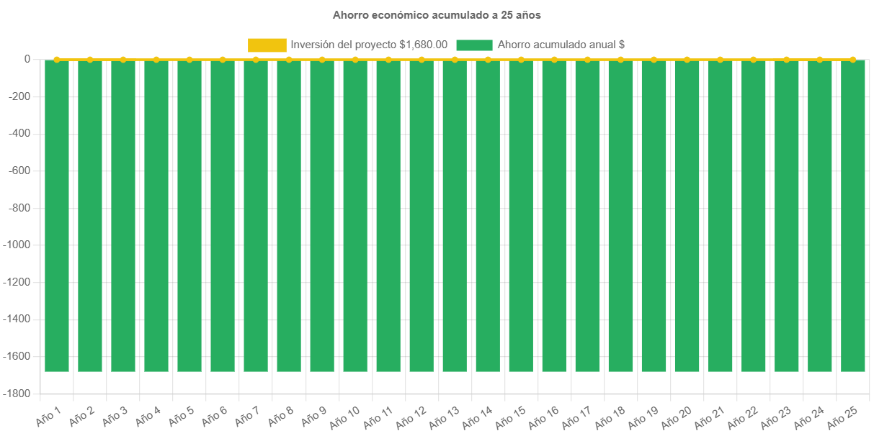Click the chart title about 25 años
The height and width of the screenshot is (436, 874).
click(437, 14)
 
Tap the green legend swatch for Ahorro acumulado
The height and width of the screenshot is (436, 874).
click(474, 45)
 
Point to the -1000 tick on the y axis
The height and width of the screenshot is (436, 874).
click(19, 245)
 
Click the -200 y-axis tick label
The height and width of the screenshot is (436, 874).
click(22, 96)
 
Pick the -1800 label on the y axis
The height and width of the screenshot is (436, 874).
click(19, 394)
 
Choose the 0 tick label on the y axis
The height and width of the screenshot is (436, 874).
click(27, 59)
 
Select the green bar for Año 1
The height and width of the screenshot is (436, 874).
click(57, 216)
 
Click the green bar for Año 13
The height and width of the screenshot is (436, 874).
click(455, 216)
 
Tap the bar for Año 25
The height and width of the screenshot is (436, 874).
click(852, 216)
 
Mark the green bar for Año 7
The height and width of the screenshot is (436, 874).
click(256, 216)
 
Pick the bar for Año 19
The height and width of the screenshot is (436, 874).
click(654, 216)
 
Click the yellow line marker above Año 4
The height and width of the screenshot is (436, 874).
click(156, 59)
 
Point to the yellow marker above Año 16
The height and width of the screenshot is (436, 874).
click(554, 59)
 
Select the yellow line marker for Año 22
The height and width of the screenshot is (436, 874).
click(753, 59)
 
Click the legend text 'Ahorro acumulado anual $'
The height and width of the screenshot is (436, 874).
click(561, 45)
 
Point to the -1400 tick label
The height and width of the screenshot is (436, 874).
click(19, 319)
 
